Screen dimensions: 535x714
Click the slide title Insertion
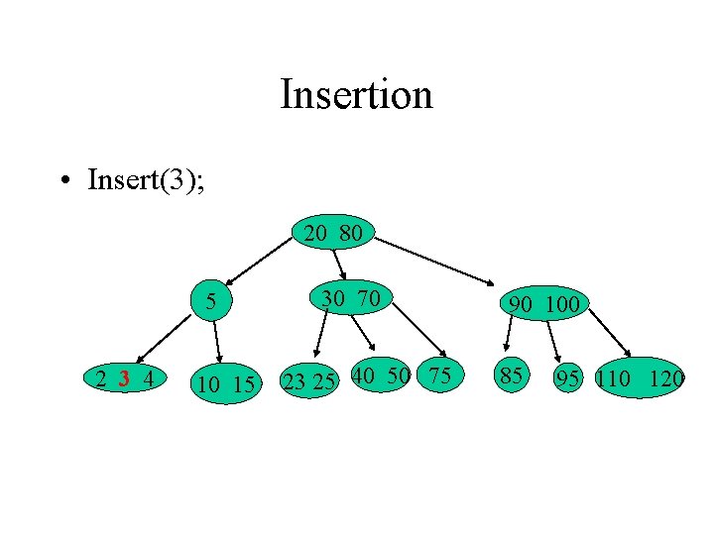[356, 95]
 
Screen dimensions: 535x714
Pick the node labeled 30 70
[350, 296]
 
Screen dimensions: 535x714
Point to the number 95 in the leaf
[568, 378]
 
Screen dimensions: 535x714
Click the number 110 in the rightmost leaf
[615, 378]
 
